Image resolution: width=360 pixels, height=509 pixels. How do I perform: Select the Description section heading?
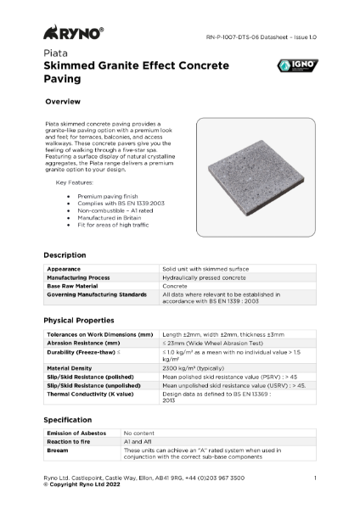tap(65, 255)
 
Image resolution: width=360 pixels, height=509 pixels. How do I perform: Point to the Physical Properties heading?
tap(79, 320)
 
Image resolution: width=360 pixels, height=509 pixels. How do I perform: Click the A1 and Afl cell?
tap(140, 442)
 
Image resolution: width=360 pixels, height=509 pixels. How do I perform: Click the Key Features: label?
tap(73, 182)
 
